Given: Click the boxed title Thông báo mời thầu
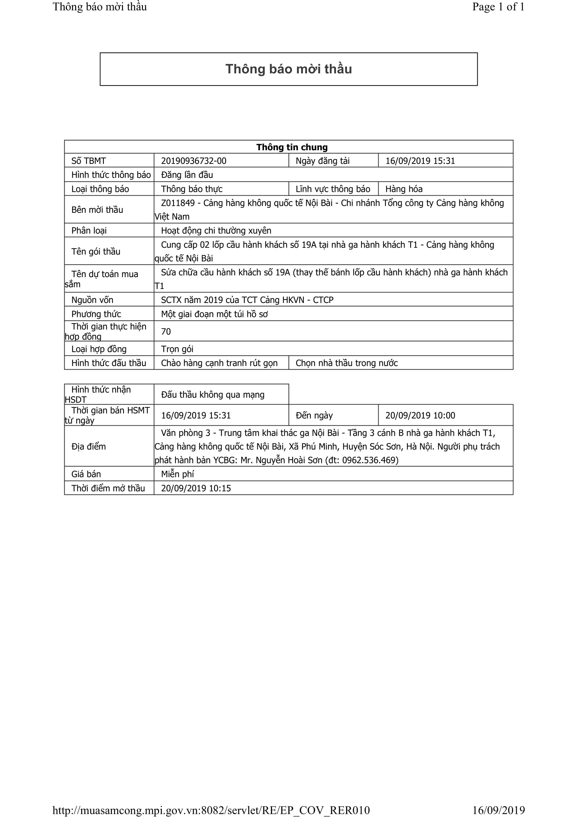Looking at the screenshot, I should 288,69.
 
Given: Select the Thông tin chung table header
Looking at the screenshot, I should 292,147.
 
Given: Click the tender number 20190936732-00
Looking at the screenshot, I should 193,161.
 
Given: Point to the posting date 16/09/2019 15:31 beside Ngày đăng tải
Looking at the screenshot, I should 420,161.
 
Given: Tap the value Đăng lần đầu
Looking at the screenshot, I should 187,175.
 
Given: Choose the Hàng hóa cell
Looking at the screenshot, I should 404,189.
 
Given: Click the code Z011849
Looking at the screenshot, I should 178,203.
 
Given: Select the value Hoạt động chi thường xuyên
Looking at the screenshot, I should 216,231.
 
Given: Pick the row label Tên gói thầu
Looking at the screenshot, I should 96,252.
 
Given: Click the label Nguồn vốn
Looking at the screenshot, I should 92,300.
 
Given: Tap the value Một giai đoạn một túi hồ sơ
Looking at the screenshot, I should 214,314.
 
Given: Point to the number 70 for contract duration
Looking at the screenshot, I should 166,332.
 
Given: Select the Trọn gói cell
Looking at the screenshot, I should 177,349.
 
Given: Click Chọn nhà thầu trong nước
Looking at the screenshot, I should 346,363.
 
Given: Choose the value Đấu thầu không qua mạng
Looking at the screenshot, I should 213,395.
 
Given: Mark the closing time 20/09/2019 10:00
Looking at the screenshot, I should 420,415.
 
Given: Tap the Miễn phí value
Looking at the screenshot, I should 177,474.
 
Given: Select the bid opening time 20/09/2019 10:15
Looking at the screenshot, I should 196,488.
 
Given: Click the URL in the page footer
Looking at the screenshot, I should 211,810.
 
